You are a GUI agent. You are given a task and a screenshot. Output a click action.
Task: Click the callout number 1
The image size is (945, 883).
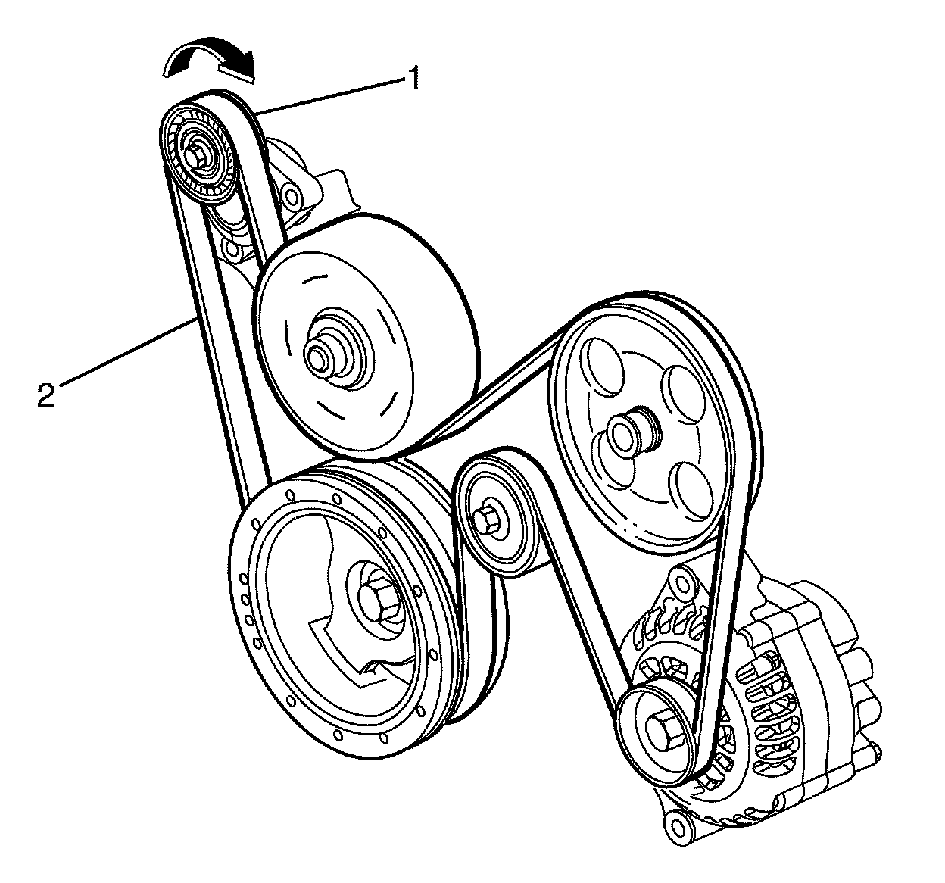tap(413, 76)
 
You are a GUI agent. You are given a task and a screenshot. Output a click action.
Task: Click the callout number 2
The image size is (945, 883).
tap(46, 395)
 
